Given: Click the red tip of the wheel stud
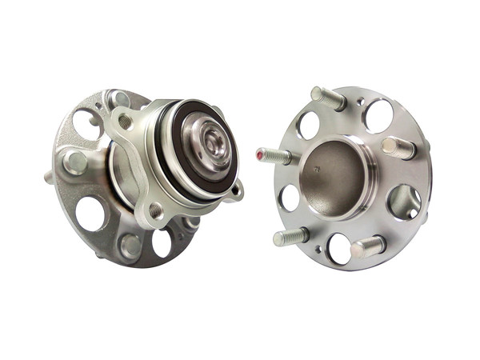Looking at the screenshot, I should pyautogui.click(x=260, y=152).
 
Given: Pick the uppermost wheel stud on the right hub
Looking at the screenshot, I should pyautogui.click(x=327, y=98).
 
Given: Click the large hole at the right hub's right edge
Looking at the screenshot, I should pyautogui.click(x=404, y=201).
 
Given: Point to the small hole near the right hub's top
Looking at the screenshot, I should pyautogui.click(x=361, y=102).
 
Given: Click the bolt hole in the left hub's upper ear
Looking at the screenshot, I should pyautogui.click(x=125, y=122).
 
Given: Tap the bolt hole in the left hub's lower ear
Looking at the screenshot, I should pyautogui.click(x=155, y=210).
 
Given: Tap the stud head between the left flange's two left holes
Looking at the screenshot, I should pyautogui.click(x=75, y=162).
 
